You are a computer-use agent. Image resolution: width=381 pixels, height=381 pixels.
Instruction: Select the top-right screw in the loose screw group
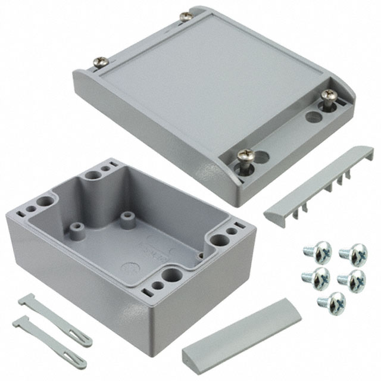coord(352,252)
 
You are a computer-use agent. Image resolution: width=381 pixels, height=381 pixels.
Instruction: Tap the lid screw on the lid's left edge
coord(101,61)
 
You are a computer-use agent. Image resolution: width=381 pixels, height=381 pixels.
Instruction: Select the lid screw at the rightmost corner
coord(328,95)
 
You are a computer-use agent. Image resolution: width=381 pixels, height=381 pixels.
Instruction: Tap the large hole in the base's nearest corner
coord(173,274)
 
